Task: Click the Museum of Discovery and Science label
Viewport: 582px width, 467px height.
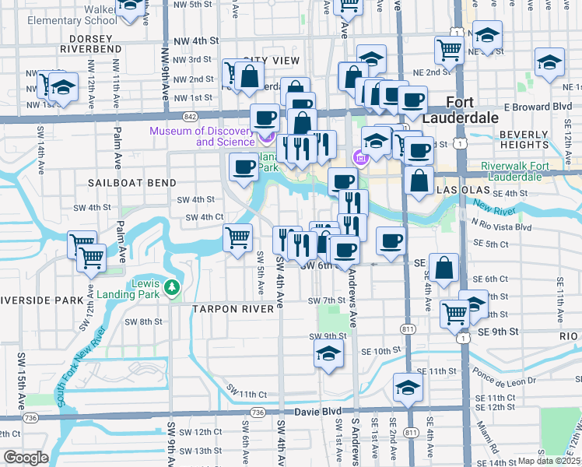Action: (x=204, y=136)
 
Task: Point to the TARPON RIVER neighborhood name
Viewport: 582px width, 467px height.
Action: (x=233, y=308)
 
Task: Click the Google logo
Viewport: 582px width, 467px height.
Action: (x=26, y=458)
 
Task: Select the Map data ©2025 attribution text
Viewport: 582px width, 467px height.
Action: (x=549, y=461)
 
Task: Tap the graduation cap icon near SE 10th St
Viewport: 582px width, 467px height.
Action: (x=329, y=353)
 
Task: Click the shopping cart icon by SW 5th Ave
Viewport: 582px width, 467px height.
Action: (x=237, y=237)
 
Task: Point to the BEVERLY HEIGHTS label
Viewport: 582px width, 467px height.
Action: (x=524, y=139)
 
